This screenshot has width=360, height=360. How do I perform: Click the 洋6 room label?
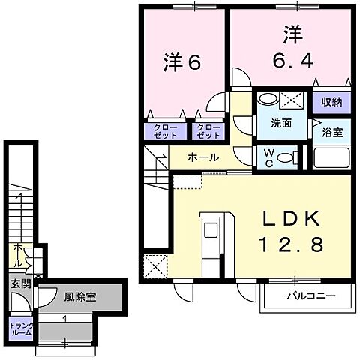point(182,63)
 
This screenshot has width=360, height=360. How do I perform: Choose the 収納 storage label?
point(332,101)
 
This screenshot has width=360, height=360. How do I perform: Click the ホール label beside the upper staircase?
point(202,157)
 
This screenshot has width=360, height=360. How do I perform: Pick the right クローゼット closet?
point(208,131)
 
